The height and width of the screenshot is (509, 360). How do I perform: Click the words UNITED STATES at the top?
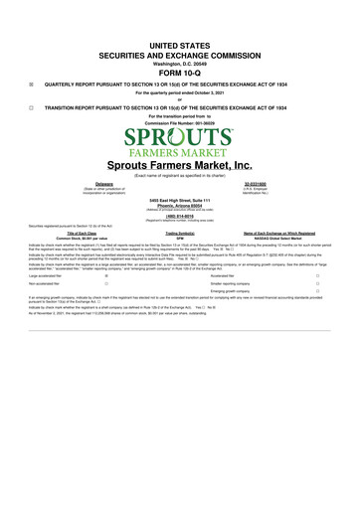pos(179,47)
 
